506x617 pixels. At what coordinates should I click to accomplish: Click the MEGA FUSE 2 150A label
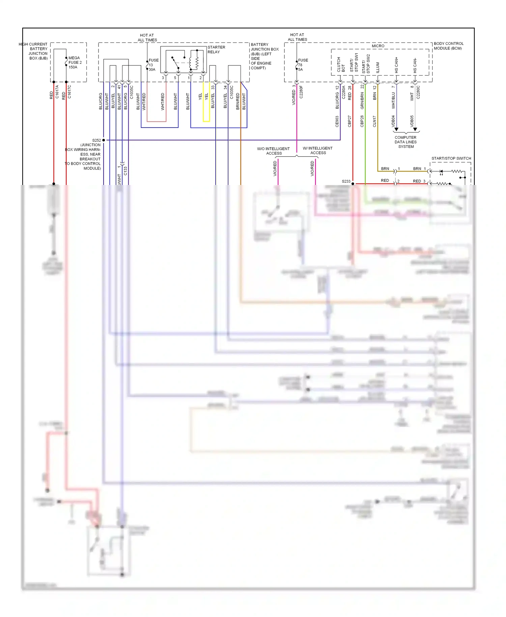point(75,62)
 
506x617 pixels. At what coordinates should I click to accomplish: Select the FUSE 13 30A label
point(153,65)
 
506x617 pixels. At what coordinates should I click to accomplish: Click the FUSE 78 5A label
point(303,65)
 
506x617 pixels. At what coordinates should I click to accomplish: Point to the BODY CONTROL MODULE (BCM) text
point(448,46)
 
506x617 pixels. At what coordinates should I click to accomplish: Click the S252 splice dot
point(104,140)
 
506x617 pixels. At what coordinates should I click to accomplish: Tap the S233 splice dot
point(353,184)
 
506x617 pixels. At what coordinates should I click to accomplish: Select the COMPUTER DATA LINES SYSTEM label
point(405,142)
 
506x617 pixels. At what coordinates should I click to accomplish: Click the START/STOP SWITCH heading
point(451,158)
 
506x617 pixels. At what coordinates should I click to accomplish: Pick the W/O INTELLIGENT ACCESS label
point(273,151)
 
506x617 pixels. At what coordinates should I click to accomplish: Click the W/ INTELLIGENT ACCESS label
point(317,151)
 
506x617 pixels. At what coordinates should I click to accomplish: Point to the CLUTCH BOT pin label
point(341,65)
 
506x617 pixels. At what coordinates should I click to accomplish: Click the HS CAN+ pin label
point(396,65)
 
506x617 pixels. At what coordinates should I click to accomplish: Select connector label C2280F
point(301,92)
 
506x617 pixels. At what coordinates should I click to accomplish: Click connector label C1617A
point(57,92)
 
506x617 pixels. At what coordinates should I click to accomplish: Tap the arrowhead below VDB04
point(396,129)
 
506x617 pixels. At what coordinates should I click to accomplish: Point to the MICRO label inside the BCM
point(378,46)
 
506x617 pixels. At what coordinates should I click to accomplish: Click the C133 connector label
point(125,170)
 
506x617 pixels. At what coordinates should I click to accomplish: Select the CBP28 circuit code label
point(362,121)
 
